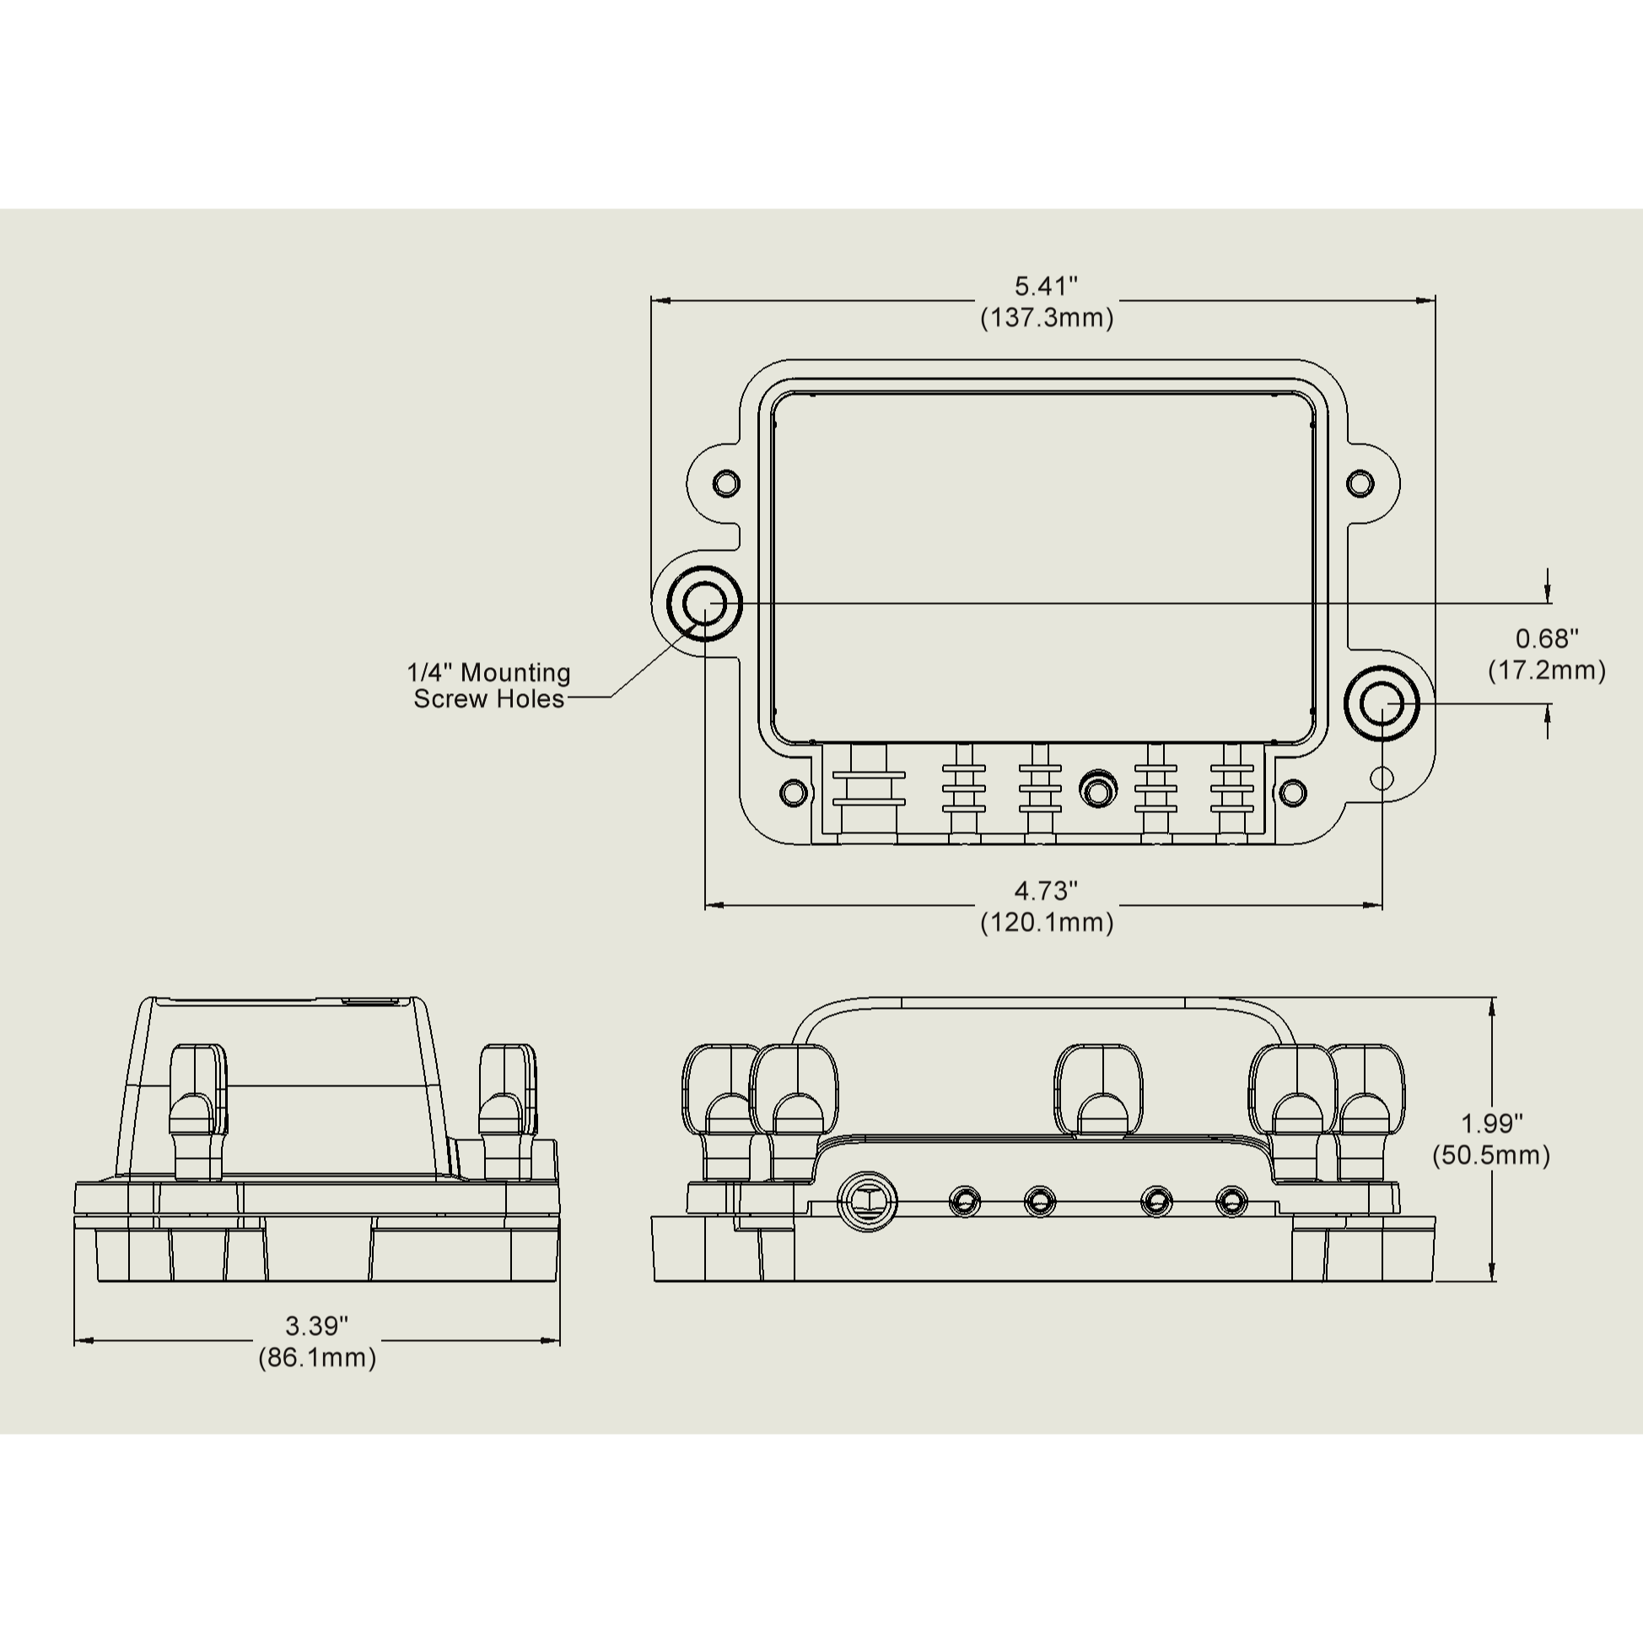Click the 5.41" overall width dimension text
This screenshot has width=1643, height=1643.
coord(1046,287)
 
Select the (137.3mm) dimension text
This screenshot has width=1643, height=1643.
coord(1047,318)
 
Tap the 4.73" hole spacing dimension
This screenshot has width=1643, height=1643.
coord(1046,892)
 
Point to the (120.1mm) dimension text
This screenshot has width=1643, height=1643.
coord(1047,923)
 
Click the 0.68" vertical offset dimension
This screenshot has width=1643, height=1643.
coord(1547,638)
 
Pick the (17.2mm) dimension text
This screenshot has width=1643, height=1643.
coord(1547,671)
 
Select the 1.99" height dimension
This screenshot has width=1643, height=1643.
coord(1492,1123)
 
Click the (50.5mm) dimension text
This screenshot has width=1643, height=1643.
coord(1492,1155)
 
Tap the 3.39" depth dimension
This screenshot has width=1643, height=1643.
coord(316,1326)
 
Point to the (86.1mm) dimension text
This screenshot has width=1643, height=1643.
coord(317,1358)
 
